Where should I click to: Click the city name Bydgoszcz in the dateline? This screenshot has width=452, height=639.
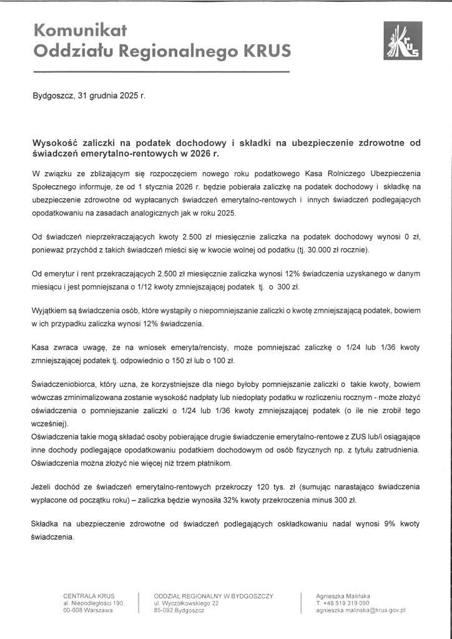52,97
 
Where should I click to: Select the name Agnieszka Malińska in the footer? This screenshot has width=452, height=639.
343,596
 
